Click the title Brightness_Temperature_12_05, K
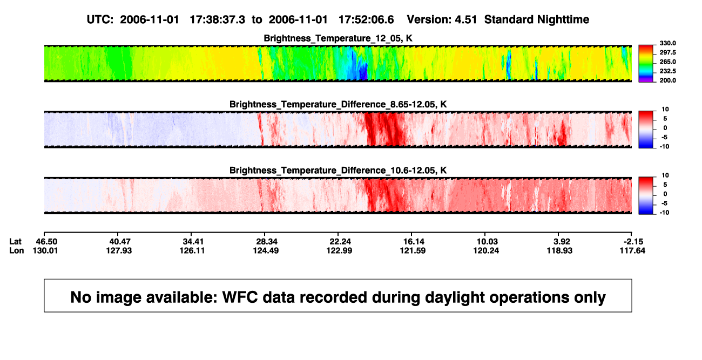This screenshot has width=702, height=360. point(338,38)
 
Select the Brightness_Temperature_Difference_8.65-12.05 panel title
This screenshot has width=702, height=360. point(338,104)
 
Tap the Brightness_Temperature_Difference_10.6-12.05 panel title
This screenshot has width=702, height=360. point(338,171)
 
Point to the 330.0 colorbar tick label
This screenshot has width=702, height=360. point(667,43)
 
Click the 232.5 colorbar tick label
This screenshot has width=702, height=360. point(667,71)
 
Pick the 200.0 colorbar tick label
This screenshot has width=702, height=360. point(667,80)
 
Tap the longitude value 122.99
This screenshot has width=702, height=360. point(339,250)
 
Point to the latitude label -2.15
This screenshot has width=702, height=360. point(633,242)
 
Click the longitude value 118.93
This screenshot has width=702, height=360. point(559,250)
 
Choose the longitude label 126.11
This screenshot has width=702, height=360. point(192,250)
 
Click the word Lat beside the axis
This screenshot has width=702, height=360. point(15,242)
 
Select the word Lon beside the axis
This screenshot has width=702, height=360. point(17,250)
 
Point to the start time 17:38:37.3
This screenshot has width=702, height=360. point(218,20)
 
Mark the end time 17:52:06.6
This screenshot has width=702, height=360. point(366,20)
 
